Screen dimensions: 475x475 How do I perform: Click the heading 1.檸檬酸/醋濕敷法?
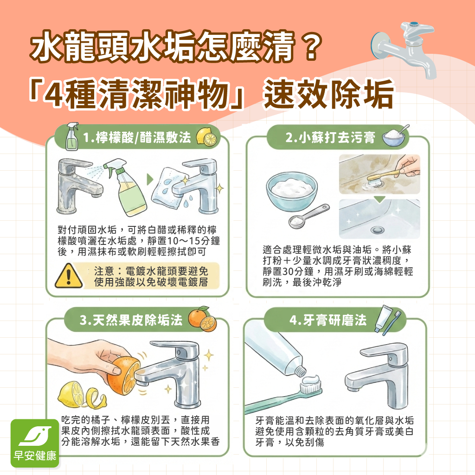(137, 137)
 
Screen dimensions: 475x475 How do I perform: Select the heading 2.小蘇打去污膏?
(330, 137)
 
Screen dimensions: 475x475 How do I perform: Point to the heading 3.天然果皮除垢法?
(131, 320)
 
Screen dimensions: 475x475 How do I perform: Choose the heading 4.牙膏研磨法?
(327, 320)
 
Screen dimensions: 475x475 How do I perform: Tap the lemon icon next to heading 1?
(207, 136)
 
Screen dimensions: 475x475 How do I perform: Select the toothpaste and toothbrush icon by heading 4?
(388, 320)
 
